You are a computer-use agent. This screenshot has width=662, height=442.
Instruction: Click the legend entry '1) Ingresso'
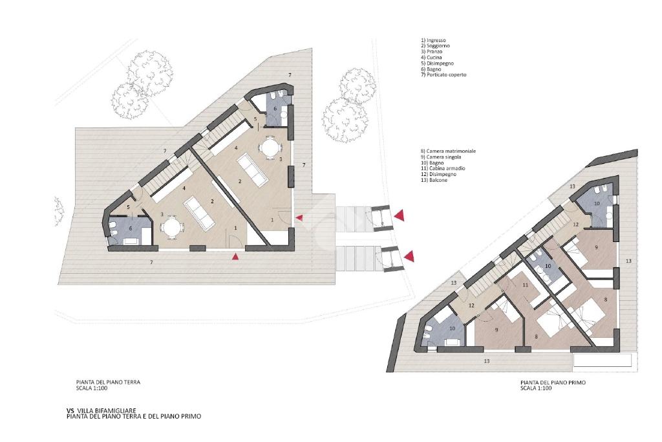click(433, 40)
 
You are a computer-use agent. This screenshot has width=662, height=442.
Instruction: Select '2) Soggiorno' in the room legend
click(435, 46)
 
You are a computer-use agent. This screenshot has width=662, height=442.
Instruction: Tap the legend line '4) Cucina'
click(431, 57)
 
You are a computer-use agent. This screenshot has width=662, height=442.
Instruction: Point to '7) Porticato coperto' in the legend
click(443, 75)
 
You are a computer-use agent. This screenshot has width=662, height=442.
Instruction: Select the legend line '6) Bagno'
click(431, 69)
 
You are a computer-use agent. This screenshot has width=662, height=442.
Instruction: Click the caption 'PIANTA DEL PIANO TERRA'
click(108, 382)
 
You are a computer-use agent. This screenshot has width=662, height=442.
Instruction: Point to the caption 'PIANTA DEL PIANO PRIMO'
click(553, 382)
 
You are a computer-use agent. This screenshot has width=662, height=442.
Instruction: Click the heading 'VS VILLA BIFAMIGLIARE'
click(101, 410)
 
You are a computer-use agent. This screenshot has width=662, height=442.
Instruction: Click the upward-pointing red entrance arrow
click(235, 256)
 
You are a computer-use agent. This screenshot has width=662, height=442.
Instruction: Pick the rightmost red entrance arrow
click(409, 256)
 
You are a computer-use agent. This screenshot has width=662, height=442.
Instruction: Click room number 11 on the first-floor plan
click(525, 285)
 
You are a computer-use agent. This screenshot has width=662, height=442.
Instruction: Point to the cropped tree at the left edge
click(59, 210)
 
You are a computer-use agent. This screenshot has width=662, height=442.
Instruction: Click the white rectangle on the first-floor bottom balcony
click(603, 360)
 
